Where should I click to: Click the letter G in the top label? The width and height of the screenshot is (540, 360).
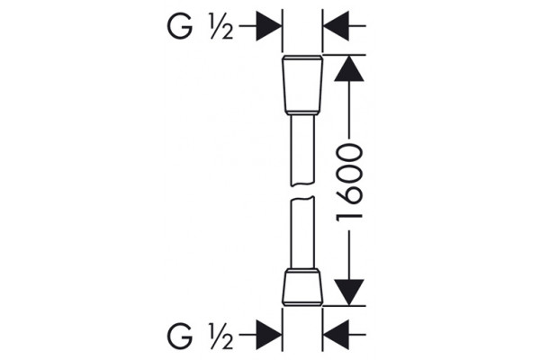179,26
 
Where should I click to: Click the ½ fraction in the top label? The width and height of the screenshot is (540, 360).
221,26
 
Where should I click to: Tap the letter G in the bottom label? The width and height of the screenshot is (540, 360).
179,335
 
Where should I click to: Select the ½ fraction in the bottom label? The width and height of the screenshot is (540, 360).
221,335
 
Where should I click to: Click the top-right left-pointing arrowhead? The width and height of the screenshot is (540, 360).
336,26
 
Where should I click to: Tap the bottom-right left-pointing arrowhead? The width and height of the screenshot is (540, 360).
336,335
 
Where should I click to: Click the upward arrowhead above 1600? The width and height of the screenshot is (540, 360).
349,68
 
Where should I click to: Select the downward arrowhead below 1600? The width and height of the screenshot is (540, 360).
349,292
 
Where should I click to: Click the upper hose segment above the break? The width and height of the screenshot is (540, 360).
302,150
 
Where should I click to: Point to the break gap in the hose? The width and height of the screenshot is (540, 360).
302,191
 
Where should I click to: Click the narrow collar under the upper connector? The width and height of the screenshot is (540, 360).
302,113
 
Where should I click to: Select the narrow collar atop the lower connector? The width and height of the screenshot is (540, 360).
302,270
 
